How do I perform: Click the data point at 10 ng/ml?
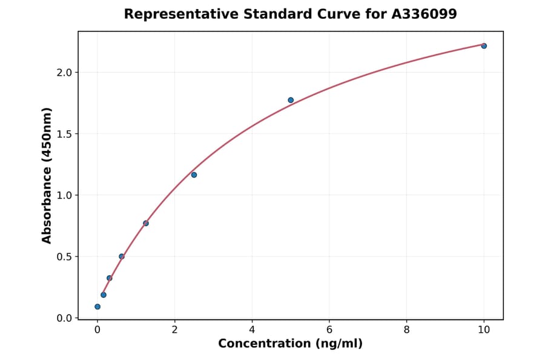click(484, 46)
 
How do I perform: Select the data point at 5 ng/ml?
click(291, 100)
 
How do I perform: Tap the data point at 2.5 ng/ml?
click(194, 175)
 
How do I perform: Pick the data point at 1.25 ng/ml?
click(146, 223)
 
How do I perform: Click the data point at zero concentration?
click(97, 307)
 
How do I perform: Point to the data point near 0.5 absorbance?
click(122, 256)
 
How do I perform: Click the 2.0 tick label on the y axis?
click(64, 73)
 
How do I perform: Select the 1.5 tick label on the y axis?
click(64, 134)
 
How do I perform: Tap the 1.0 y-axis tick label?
click(64, 195)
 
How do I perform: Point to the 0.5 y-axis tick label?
click(64, 256)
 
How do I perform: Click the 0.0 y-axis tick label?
click(64, 318)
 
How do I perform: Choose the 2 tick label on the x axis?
click(174, 330)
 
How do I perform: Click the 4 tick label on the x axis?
click(252, 330)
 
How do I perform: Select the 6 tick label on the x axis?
click(329, 330)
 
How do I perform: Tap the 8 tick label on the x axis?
click(406, 330)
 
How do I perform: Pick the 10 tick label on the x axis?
click(484, 330)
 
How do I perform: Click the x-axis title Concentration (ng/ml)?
click(290, 344)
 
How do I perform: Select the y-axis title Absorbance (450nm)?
click(47, 175)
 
